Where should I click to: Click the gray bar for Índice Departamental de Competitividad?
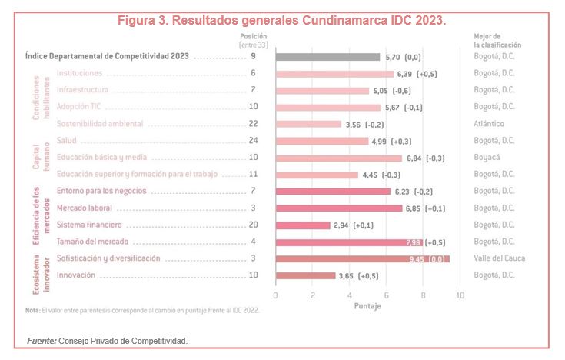[x=327, y=57]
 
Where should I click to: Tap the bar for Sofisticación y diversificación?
[x=362, y=258]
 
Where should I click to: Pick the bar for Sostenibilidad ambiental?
[x=308, y=124]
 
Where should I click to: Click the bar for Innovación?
[x=305, y=275]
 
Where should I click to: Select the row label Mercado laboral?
[x=85, y=208]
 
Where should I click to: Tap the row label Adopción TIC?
[x=78, y=107]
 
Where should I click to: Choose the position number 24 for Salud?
[x=253, y=141]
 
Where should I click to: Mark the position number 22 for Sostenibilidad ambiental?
[x=253, y=124]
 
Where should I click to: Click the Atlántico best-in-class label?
[x=493, y=124]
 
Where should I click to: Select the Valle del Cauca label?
[x=500, y=258]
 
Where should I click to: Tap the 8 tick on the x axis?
[x=423, y=295]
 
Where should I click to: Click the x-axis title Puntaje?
[x=367, y=306]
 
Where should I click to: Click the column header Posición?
[x=253, y=35]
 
